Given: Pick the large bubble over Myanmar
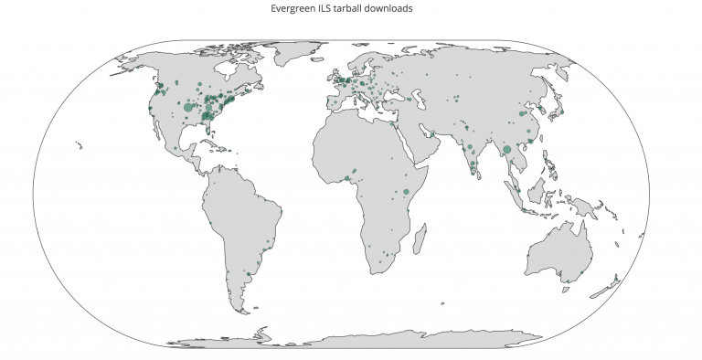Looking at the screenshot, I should click(507, 149).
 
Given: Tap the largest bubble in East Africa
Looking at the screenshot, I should click(406, 191).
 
